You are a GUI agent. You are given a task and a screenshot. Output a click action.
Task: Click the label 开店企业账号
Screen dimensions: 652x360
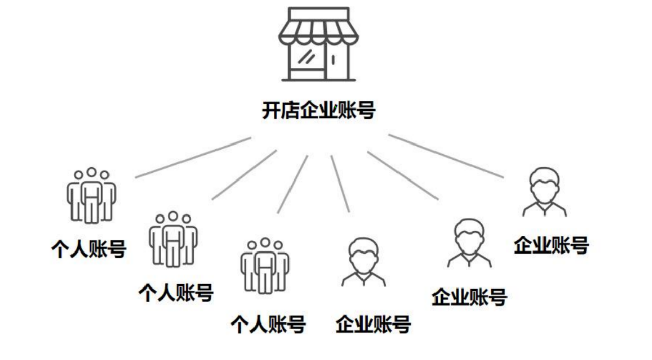[x=319, y=111]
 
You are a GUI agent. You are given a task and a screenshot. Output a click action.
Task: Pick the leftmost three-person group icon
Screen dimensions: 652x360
[x=91, y=195]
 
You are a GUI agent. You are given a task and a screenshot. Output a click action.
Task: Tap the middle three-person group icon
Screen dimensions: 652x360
[x=173, y=239]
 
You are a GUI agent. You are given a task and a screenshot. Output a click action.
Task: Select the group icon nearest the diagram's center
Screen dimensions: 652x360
[x=265, y=265]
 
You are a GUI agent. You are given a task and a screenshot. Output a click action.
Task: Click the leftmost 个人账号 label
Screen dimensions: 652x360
[x=89, y=248]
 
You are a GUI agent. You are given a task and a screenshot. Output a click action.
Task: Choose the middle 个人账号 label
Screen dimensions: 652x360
[x=176, y=293]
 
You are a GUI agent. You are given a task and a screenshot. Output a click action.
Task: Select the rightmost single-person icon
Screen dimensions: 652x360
[x=544, y=192]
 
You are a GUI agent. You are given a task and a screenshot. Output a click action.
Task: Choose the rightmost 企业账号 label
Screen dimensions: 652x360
[x=551, y=245]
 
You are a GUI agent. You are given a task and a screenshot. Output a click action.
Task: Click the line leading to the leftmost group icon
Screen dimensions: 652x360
[x=193, y=157]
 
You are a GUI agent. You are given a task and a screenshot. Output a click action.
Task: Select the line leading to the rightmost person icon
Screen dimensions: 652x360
[x=446, y=156]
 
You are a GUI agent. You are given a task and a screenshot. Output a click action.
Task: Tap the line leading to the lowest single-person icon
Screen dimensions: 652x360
[x=340, y=183]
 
